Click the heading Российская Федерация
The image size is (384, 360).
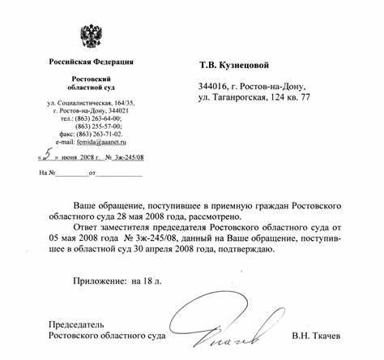pos(90,62)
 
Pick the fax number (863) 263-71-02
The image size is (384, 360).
pos(100,134)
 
